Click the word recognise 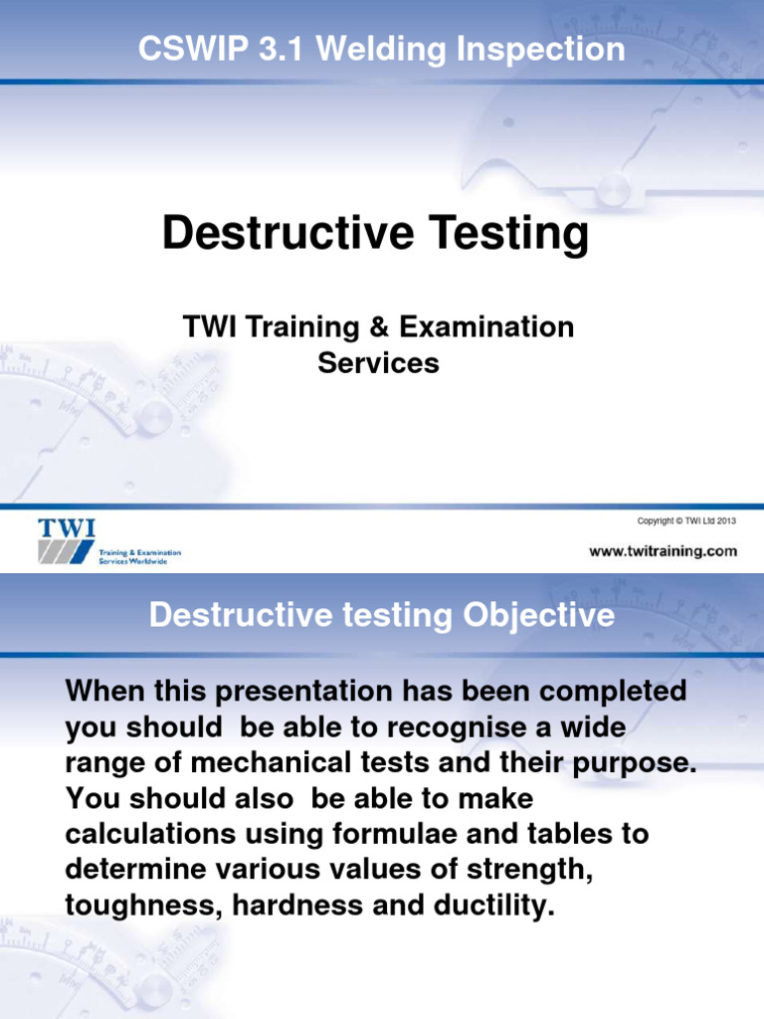coord(450,726)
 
